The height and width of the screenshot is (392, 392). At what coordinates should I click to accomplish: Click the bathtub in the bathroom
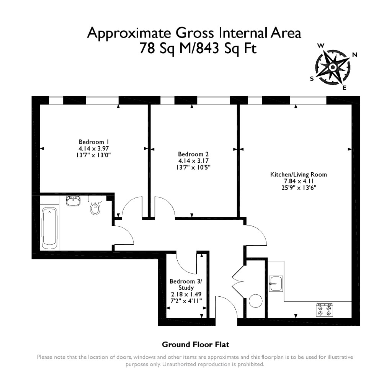pyautogui.click(x=49, y=228)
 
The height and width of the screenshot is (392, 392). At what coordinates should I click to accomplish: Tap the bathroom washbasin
pyautogui.click(x=73, y=201)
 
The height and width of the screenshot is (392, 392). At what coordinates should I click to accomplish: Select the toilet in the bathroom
pyautogui.click(x=95, y=205)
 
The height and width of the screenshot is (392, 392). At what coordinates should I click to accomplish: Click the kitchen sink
pyautogui.click(x=276, y=284)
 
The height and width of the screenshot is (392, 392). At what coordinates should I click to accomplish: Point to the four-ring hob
pyautogui.click(x=325, y=310)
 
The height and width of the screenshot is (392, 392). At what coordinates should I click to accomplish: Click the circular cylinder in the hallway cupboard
pyautogui.click(x=255, y=301)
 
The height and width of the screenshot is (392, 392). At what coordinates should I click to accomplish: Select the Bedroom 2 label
pyautogui.click(x=193, y=154)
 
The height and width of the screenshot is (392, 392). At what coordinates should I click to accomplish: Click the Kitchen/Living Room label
pyautogui.click(x=299, y=175)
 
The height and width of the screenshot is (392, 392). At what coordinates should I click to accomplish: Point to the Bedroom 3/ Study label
pyautogui.click(x=186, y=284)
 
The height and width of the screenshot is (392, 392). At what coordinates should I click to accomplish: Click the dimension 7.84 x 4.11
pyautogui.click(x=299, y=181)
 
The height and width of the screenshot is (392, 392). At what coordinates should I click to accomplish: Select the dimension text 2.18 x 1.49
pyautogui.click(x=186, y=294)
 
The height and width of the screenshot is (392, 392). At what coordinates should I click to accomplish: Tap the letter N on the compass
pyautogui.click(x=354, y=55)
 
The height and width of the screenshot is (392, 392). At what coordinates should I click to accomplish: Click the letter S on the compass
pyautogui.click(x=312, y=79)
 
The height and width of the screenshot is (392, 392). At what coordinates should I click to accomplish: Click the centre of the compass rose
pyautogui.click(x=333, y=67)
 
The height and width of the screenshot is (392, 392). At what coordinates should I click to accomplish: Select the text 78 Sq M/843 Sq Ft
pyautogui.click(x=198, y=48)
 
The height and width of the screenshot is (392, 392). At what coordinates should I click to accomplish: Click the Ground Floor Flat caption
pyautogui.click(x=196, y=345)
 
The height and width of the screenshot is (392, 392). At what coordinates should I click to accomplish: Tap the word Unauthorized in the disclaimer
pyautogui.click(x=179, y=364)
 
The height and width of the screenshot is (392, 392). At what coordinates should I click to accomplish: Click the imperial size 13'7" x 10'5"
pyautogui.click(x=193, y=167)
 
